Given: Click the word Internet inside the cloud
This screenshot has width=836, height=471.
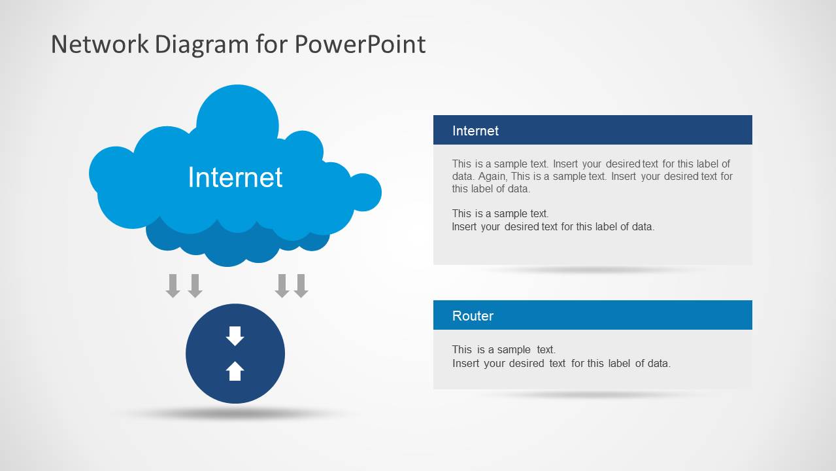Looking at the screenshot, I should tap(235, 177).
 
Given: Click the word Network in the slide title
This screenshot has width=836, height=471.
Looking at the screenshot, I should tap(99, 44).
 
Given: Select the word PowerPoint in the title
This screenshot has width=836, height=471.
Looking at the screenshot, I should tap(359, 44).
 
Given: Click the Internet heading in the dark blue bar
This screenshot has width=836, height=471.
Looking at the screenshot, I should tap(475, 131).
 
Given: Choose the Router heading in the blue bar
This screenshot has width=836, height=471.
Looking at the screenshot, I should tap(473, 316).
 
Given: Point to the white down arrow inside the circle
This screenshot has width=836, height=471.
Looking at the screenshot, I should tap(235, 336).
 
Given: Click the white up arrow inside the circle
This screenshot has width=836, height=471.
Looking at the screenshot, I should tap(235, 371).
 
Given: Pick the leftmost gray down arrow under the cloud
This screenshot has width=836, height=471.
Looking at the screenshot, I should tap(173, 286).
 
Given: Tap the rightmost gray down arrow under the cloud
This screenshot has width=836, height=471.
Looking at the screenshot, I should tap(301, 286).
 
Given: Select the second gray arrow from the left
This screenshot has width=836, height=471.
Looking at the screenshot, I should tap(195, 286).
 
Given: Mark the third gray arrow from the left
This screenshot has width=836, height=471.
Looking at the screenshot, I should tap(282, 286).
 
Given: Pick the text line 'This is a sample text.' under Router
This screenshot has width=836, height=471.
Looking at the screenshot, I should tap(503, 350).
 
